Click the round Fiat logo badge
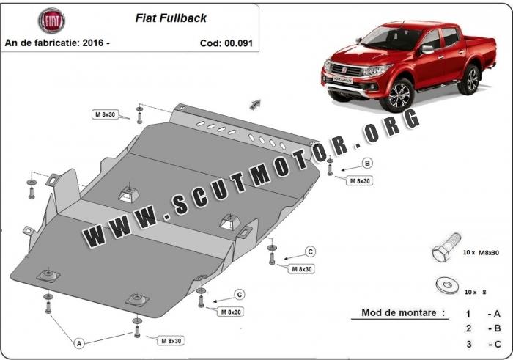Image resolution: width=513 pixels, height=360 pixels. click(52, 21)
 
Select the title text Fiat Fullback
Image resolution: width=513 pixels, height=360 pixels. click(171, 18)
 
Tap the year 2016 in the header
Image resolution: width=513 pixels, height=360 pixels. click(93, 43)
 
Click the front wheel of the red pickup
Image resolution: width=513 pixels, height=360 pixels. click(399, 95)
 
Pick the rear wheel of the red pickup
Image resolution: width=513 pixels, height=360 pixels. click(470, 79)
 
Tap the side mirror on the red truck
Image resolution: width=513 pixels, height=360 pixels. click(427, 49)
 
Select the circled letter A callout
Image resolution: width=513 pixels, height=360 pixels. click(79, 343)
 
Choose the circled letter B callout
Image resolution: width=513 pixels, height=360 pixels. click(367, 163)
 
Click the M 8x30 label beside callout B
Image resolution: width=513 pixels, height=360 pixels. click(360, 181)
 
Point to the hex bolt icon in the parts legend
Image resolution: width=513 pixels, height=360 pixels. click(446, 247)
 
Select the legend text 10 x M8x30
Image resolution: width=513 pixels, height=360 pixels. click(481, 253)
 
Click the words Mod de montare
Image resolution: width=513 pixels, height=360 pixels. click(399, 312)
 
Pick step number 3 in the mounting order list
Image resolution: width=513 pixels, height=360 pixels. click(469, 345)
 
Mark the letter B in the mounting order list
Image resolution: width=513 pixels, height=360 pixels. click(498, 328)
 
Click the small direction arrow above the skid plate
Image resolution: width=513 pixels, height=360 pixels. click(255, 103)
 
